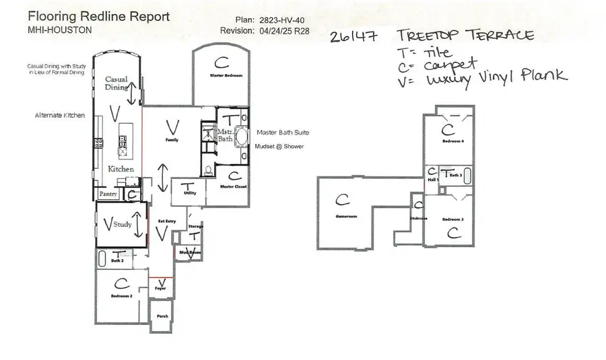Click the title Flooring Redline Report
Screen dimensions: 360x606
click(99, 16)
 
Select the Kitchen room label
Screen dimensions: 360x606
click(121, 169)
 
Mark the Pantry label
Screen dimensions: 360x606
click(108, 194)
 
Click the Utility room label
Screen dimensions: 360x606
click(189, 192)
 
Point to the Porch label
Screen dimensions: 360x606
click(162, 316)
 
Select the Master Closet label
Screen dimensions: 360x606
click(231, 186)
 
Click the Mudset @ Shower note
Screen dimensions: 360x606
click(279, 146)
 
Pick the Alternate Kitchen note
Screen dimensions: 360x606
click(60, 116)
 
